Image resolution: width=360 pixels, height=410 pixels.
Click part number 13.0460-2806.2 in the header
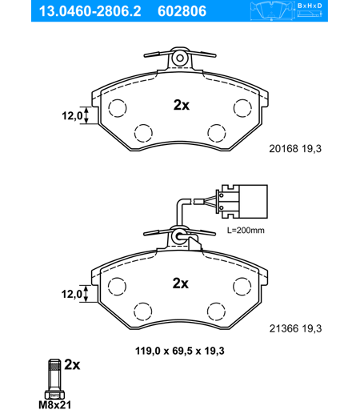[x=90, y=11]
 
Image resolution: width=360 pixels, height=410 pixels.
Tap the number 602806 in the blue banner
[x=182, y=11]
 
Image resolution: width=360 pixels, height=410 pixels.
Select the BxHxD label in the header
[x=310, y=6]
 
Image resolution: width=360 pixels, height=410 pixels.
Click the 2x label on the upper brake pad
[x=182, y=105]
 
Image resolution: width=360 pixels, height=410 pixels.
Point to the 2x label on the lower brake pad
[x=181, y=283]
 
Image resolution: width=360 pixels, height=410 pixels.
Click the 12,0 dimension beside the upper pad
[x=72, y=116]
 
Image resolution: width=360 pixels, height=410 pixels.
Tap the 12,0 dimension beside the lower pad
[x=72, y=294]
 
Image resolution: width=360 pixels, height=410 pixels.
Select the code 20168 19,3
[x=295, y=149]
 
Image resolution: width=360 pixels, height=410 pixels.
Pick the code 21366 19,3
[x=295, y=328]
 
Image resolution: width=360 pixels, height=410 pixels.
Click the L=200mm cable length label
[x=246, y=230]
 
